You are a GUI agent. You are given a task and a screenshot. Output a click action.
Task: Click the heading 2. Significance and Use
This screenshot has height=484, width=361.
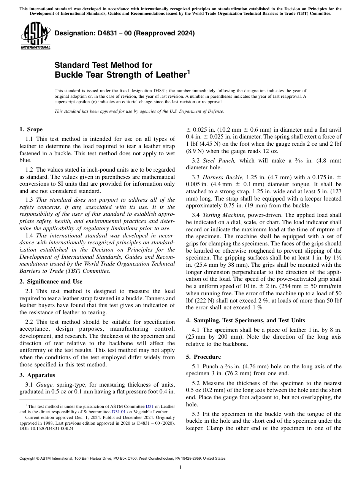[x=51, y=282]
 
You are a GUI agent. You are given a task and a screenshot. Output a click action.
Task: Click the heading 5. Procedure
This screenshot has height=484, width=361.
[x=203, y=357]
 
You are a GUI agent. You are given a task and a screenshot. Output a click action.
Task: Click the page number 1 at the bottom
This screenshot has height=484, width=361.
[x=180, y=468]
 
